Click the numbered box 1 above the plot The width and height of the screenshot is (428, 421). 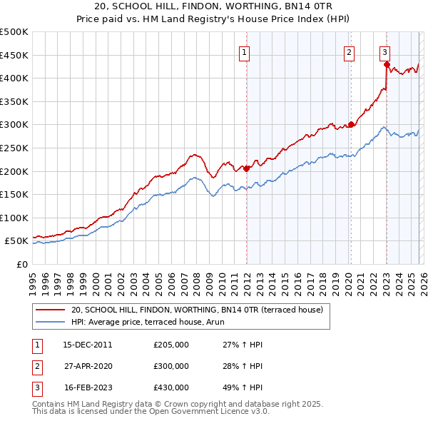pos(245,51)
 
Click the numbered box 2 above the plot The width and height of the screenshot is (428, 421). pos(349,51)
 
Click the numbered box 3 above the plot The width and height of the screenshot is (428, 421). pos(384,51)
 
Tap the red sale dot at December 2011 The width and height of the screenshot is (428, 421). pos(246,169)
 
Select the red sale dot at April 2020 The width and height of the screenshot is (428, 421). pos(351,124)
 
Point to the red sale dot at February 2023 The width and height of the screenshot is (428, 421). pos(387,64)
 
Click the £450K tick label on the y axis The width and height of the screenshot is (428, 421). pos(14,55)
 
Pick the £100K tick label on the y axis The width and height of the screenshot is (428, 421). pos(14,218)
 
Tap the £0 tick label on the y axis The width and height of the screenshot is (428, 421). pos(21,264)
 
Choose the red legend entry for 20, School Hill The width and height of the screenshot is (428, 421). pos(197,310)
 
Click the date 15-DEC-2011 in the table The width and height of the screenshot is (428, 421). pos(87,345)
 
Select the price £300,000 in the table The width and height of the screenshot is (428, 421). pos(171,366)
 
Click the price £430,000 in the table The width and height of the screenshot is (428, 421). pos(171,387)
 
